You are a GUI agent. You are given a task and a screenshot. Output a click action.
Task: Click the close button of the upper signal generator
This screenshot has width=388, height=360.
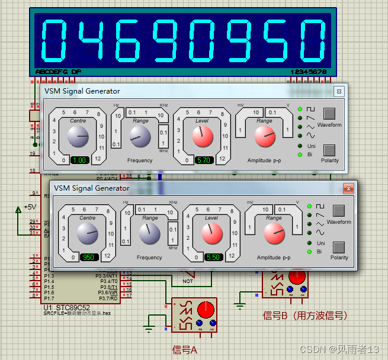338,91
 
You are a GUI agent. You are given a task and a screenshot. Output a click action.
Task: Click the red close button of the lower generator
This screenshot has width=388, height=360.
348,188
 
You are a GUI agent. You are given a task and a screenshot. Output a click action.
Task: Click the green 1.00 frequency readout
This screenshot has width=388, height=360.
79,160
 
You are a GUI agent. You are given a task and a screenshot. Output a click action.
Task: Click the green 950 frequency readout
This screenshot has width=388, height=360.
89,258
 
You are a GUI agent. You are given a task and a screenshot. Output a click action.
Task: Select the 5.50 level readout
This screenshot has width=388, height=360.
214,258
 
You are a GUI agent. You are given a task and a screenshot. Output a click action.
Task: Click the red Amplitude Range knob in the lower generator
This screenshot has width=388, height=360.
273,234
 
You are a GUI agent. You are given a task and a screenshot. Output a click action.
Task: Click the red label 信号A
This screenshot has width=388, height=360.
184,349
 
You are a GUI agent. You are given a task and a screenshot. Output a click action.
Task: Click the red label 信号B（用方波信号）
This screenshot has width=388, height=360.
304,316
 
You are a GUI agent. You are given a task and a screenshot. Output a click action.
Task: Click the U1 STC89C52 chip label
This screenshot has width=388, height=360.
66,307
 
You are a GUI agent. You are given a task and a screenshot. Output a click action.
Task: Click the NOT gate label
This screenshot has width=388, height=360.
188,281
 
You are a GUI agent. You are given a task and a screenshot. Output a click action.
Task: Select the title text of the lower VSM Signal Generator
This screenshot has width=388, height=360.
91,188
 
